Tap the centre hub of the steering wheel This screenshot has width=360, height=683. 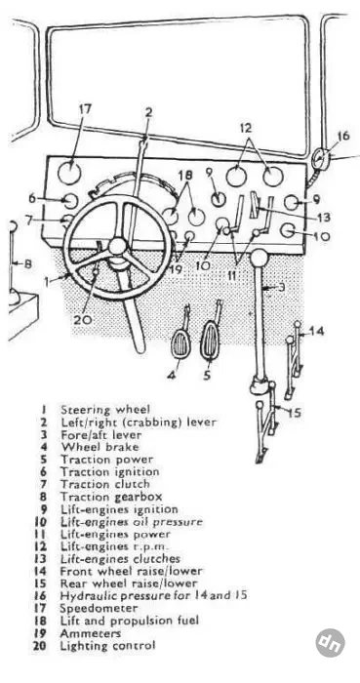pos(117,247)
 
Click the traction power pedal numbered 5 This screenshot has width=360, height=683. pos(210,341)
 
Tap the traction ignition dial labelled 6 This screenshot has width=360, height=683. pos(68,201)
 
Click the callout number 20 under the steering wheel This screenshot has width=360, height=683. pos(83,319)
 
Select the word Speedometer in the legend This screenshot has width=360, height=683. pos(99,608)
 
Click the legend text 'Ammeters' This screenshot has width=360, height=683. pos(90,633)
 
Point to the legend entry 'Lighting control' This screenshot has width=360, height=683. pos(107,645)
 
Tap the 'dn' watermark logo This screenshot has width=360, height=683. pos(331,642)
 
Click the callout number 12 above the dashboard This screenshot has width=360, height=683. pos(245,129)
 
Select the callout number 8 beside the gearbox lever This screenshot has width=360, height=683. pos(27,264)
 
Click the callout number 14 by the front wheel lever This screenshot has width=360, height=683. pos(317,331)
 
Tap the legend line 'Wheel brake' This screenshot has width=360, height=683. pos(100,447)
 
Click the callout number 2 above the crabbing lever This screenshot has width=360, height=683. pos(149,113)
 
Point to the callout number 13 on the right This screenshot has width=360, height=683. pos(323,217)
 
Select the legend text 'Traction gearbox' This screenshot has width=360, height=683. pos(111,497)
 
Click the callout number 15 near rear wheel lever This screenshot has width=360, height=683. pos(295,412)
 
